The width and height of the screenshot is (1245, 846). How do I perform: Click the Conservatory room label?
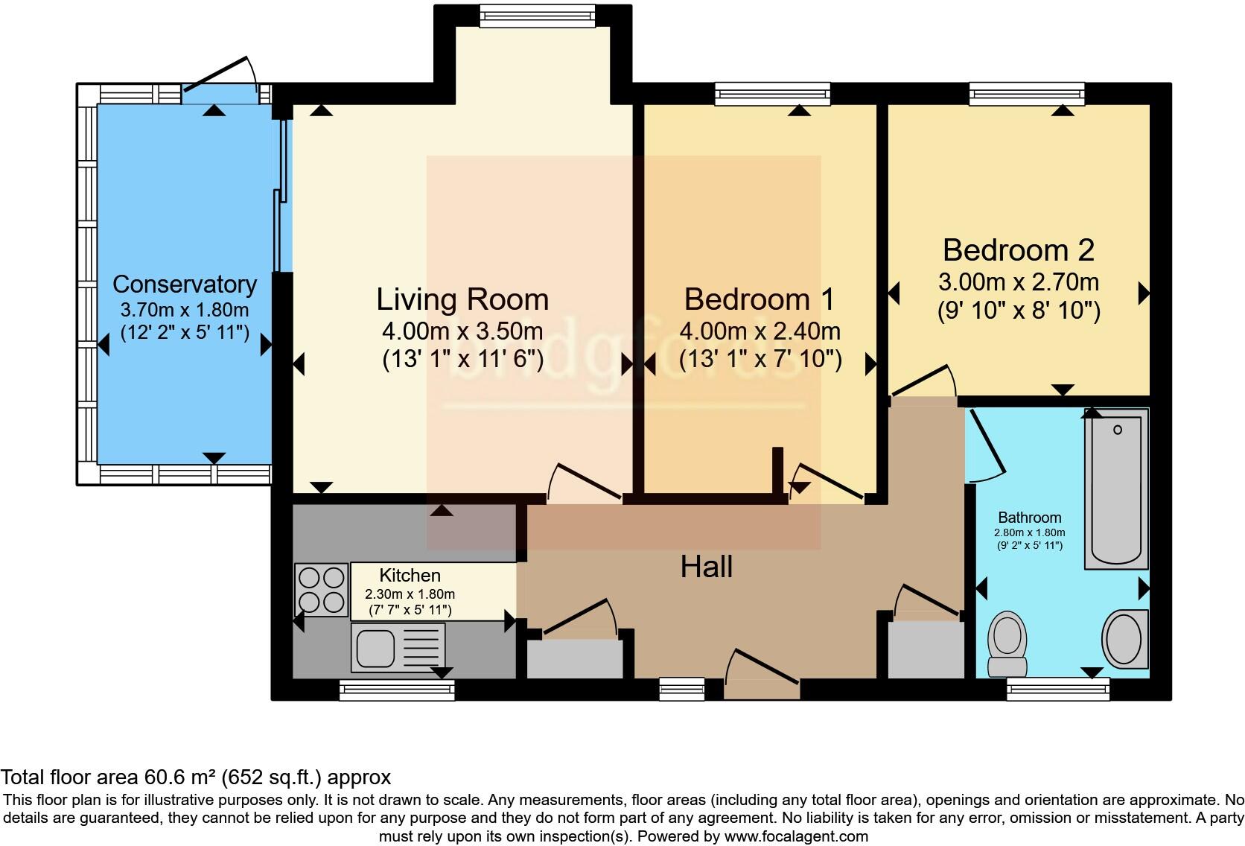(x=185, y=284)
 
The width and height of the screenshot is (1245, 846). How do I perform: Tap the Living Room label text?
(x=462, y=299)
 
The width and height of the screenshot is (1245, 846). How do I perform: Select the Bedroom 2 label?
(x=1018, y=249)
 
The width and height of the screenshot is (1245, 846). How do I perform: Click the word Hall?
(x=706, y=567)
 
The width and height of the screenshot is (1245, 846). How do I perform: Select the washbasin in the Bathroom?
(x=1124, y=639)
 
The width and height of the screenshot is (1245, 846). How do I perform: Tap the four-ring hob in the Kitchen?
(x=321, y=590)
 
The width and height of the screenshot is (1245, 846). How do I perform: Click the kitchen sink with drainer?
(x=398, y=647)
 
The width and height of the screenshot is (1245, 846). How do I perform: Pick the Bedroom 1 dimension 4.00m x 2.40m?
(x=760, y=331)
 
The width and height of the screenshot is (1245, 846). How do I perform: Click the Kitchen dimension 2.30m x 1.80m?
(x=410, y=594)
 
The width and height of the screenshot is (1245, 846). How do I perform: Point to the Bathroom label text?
(x=1029, y=517)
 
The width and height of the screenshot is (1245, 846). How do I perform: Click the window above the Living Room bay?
(x=537, y=15)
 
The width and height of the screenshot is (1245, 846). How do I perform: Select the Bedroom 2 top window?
(x=1026, y=93)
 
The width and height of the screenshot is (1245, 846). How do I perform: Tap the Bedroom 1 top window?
(x=772, y=93)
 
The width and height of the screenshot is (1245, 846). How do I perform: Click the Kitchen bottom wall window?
(x=397, y=690)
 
